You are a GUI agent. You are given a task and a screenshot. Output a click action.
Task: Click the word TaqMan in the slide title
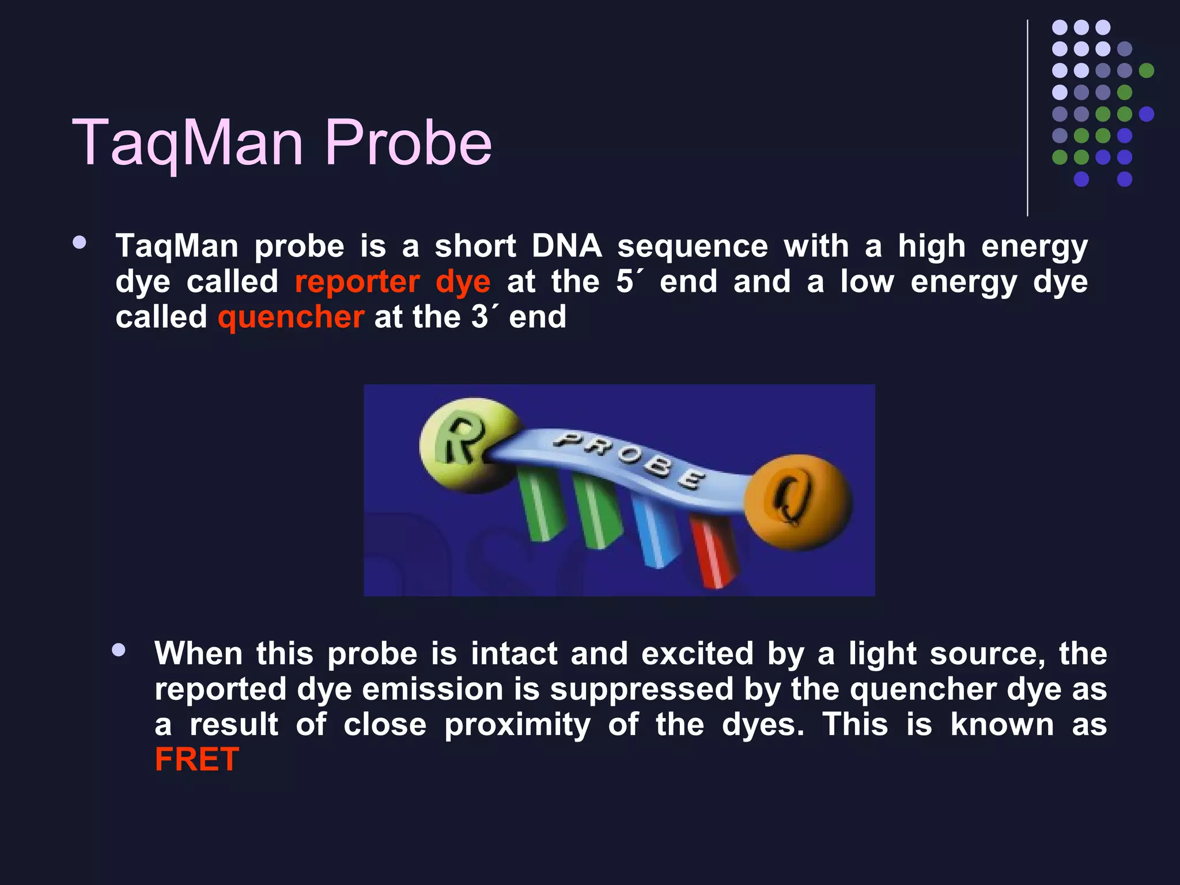(x=187, y=143)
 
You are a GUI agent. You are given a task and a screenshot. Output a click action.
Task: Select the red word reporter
(x=357, y=282)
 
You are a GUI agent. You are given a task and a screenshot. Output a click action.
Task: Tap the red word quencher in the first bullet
(x=291, y=317)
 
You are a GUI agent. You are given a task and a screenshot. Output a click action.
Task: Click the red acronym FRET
(x=197, y=759)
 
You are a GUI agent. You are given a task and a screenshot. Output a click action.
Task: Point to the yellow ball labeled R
(x=461, y=444)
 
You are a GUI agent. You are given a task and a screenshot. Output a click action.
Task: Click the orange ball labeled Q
(x=798, y=501)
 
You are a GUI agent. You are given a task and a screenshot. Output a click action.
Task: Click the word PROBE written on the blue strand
(x=628, y=461)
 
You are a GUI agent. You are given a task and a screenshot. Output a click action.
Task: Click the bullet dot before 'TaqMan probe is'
(x=80, y=243)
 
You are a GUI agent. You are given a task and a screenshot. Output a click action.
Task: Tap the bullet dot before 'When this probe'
(x=119, y=650)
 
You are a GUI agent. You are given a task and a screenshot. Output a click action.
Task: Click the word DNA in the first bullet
(x=566, y=247)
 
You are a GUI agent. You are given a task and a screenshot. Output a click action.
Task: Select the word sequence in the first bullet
(x=692, y=247)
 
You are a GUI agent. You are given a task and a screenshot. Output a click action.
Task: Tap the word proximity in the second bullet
(x=517, y=724)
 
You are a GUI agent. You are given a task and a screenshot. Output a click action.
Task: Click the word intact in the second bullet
(x=514, y=654)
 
